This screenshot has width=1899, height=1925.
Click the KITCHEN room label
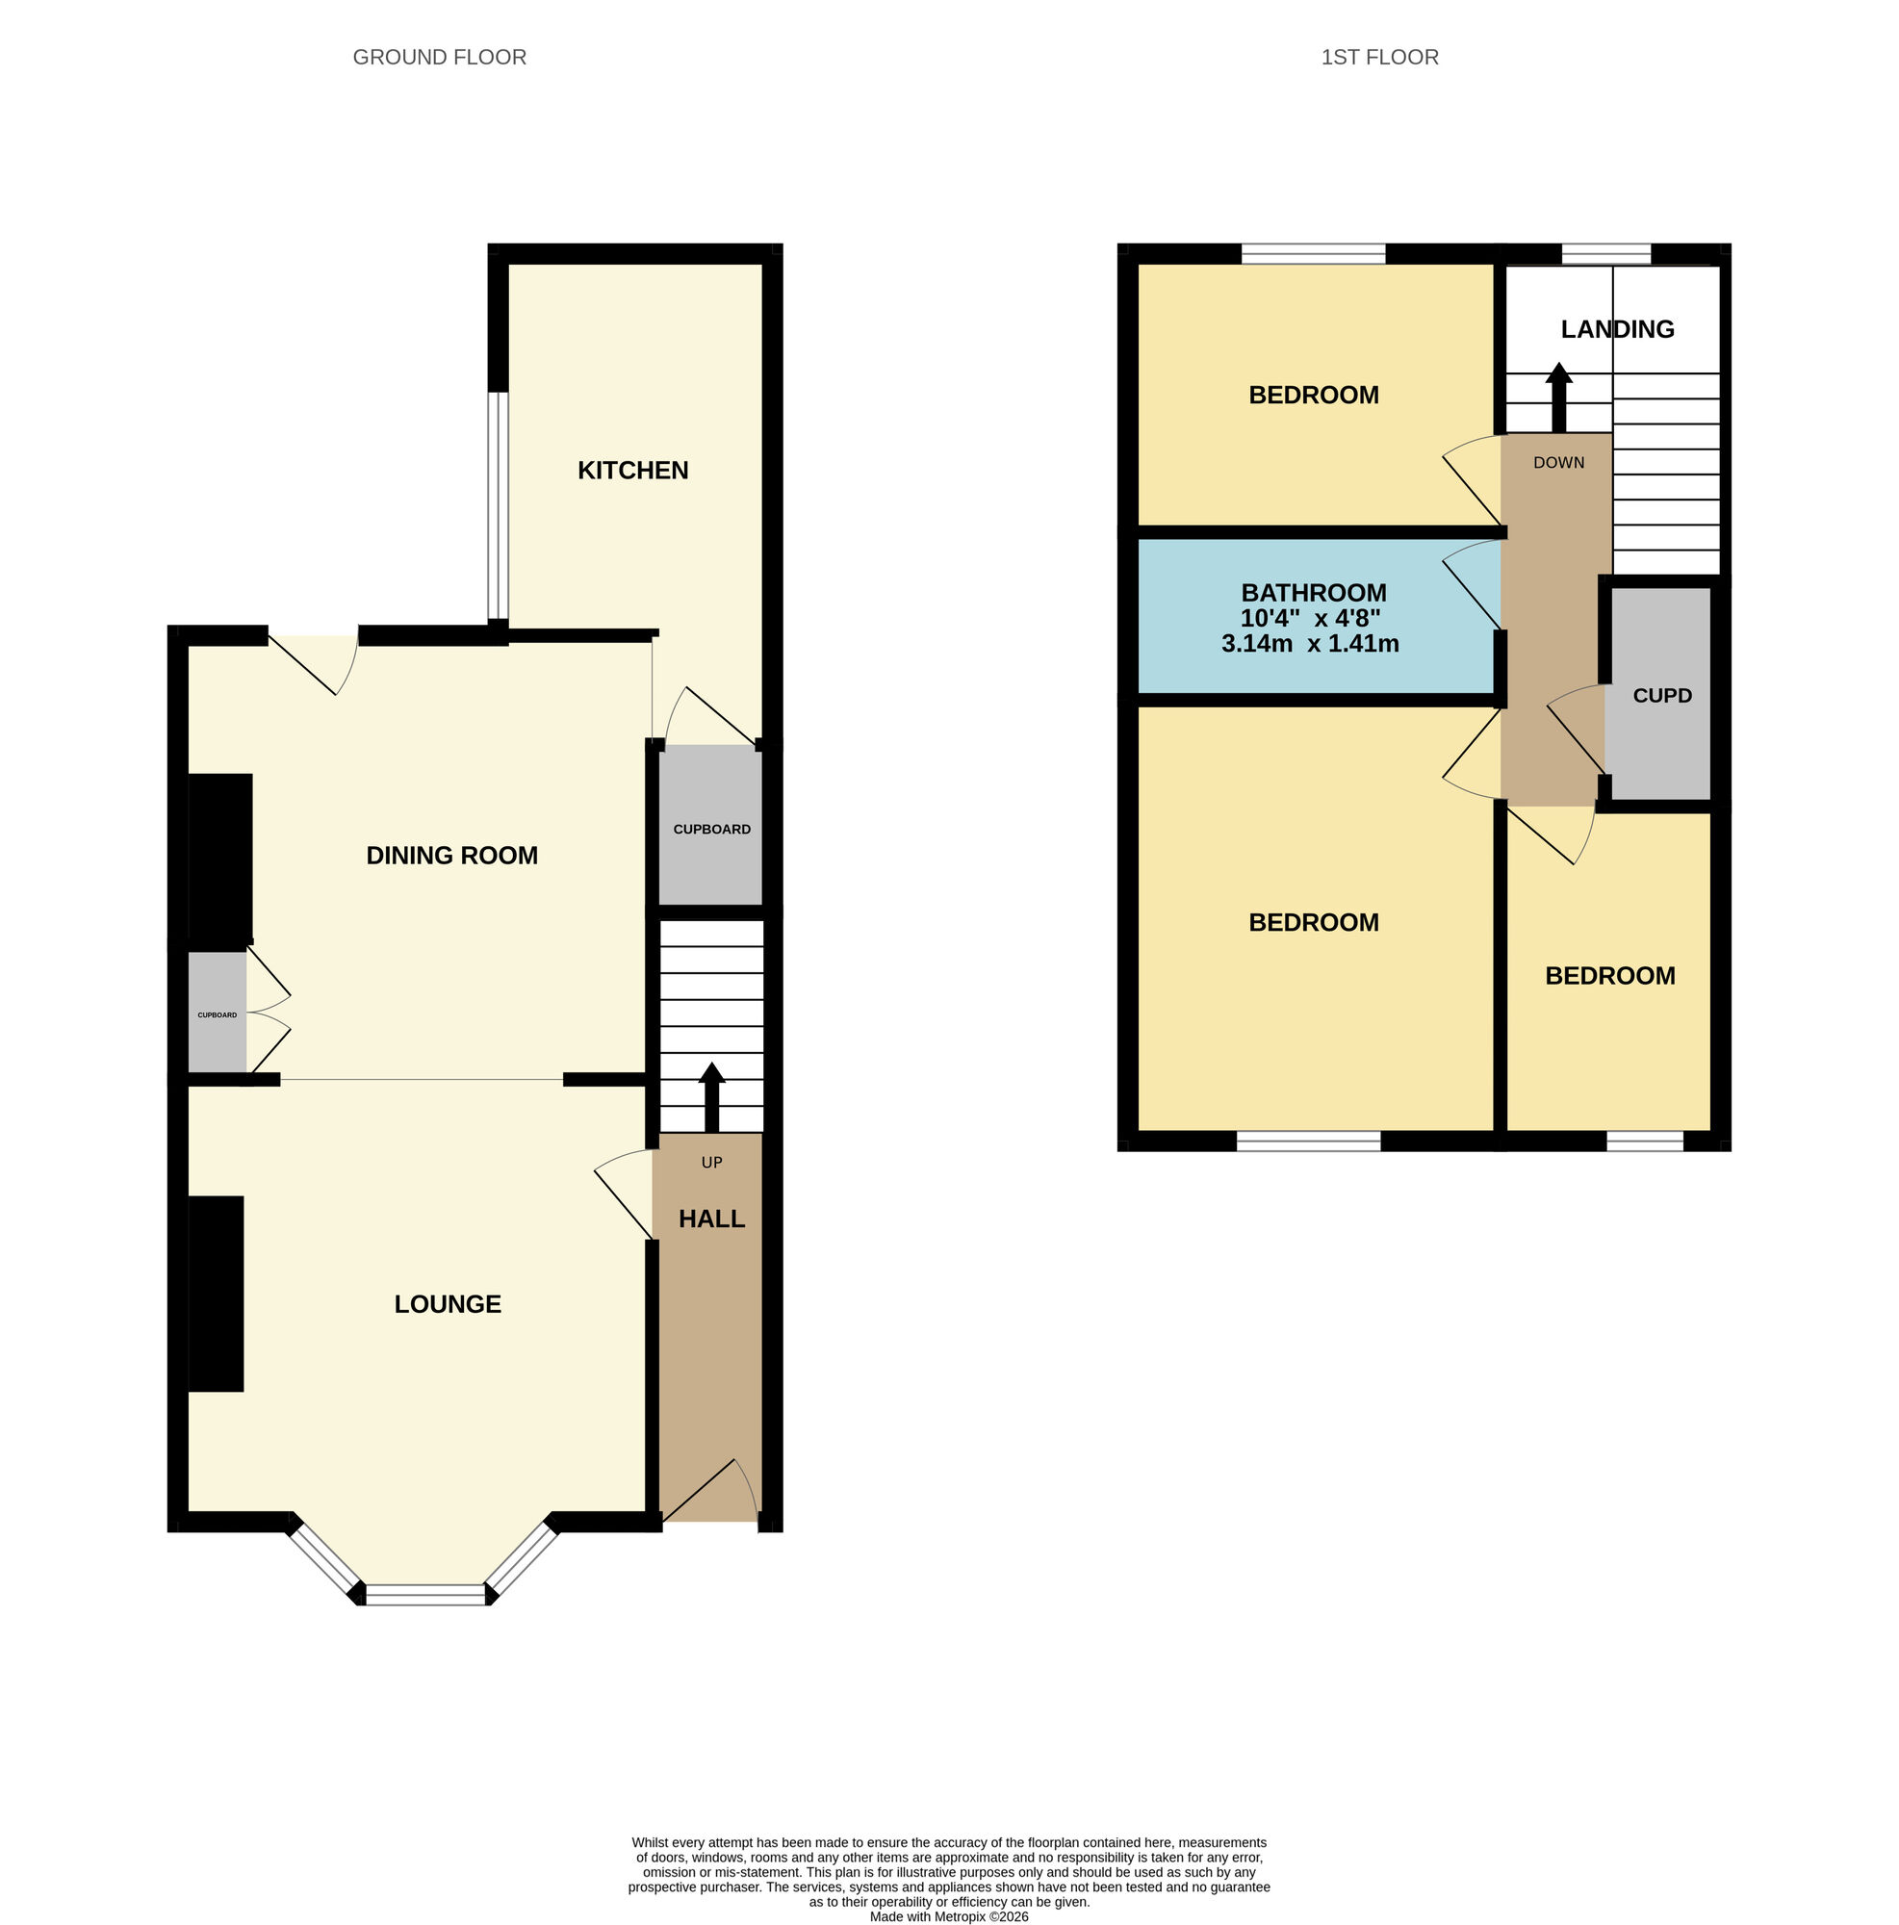[632, 470]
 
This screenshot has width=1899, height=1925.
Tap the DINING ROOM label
[451, 855]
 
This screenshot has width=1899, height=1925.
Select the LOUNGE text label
[448, 1303]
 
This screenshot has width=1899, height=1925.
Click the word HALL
[711, 1219]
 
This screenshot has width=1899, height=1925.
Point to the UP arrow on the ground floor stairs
[711, 1095]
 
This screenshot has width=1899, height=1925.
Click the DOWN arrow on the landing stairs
[1558, 397]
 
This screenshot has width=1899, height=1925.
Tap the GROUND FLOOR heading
[440, 57]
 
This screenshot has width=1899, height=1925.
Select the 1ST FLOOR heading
[1379, 57]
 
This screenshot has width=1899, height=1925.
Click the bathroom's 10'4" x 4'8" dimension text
[1309, 618]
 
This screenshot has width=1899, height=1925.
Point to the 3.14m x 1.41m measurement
[1309, 644]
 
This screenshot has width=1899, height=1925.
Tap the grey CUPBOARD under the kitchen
[711, 828]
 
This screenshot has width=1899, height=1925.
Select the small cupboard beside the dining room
[218, 1014]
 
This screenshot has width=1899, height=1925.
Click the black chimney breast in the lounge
[217, 1293]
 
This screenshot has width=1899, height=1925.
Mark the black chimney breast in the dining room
[220, 857]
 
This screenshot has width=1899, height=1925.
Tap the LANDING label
[1616, 329]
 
